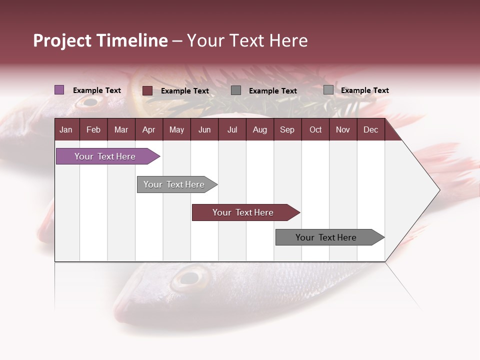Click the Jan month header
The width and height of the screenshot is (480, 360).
(x=66, y=129)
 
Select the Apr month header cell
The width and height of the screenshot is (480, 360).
(x=149, y=129)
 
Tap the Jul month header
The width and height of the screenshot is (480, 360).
(x=232, y=129)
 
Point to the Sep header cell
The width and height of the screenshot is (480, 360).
(x=287, y=129)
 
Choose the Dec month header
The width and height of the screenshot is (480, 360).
(x=370, y=129)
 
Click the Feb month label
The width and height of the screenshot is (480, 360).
(x=93, y=129)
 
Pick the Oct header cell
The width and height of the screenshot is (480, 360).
(x=315, y=129)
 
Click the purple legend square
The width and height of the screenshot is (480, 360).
(x=59, y=90)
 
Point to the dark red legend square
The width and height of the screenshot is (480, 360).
(x=147, y=90)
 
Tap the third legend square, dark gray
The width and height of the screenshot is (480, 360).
(x=236, y=90)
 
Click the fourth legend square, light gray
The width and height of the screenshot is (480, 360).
(x=328, y=90)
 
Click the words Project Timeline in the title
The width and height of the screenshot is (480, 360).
(x=100, y=40)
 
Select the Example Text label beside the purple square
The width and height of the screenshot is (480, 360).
(x=97, y=90)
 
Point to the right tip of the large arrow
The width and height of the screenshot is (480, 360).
(x=438, y=190)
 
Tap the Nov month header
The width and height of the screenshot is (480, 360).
(x=343, y=129)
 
